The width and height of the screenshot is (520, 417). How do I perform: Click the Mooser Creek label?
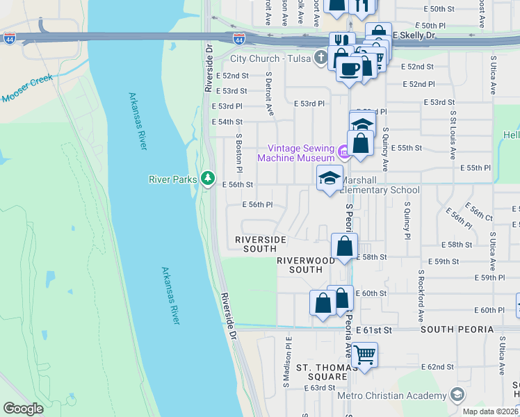click(28, 94)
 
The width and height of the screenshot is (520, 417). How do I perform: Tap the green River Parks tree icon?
click(207, 179)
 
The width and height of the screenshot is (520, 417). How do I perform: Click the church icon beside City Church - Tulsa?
click(320, 58)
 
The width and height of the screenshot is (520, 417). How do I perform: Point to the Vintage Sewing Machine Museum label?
click(296, 153)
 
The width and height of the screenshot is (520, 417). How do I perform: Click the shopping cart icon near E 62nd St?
click(364, 355)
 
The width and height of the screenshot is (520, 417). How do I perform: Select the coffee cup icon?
click(350, 69)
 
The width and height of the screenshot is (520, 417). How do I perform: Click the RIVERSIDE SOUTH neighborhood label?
click(261, 244)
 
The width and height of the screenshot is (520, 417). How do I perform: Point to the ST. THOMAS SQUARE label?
click(321, 372)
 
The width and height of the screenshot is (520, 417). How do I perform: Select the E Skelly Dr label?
click(413, 34)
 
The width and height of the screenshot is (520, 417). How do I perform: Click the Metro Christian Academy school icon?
click(457, 395)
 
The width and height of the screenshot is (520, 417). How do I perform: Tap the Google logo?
click(23, 409)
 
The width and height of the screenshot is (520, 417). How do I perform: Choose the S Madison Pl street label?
click(286, 362)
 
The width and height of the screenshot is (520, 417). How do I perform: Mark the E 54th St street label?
click(226, 122)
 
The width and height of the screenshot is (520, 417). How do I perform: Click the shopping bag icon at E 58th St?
click(345, 246)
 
